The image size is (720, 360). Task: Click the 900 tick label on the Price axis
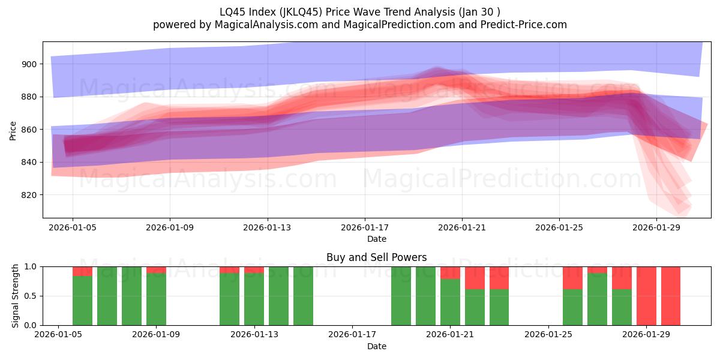(x=29, y=64)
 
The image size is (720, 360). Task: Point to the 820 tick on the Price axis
(x=29, y=195)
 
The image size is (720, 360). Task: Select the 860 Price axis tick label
(x=29, y=130)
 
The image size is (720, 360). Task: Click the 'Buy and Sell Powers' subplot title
(x=376, y=257)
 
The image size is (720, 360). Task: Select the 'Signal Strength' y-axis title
(x=16, y=296)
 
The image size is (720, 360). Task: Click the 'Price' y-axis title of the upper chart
(x=13, y=130)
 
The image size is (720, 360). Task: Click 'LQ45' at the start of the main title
(x=232, y=11)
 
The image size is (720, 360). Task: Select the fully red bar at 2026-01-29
(x=646, y=296)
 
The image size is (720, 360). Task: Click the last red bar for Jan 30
(x=671, y=296)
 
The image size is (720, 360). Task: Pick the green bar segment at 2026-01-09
(x=156, y=299)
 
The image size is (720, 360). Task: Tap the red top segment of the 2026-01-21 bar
(x=450, y=272)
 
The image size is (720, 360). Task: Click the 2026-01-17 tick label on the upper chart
(x=365, y=228)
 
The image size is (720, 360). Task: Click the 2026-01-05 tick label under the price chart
(x=73, y=228)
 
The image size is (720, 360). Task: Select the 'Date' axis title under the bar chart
(x=376, y=346)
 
